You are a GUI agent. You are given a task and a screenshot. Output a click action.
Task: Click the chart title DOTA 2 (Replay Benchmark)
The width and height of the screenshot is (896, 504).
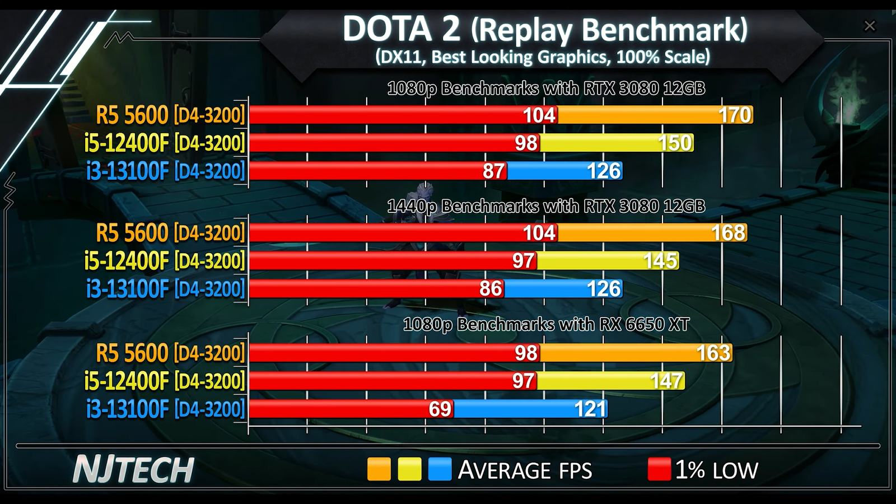coord(544,29)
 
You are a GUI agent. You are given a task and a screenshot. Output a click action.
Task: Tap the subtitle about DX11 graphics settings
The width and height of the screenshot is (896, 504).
coord(542,57)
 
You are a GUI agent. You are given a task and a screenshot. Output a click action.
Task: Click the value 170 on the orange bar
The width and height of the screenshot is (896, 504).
coord(734,115)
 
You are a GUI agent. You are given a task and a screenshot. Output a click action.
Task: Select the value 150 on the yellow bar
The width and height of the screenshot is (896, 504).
coord(675,143)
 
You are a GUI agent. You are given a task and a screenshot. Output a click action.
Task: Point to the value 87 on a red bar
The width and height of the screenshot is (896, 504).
coord(493,171)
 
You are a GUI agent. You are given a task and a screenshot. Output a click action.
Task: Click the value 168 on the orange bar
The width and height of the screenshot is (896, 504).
coord(728,233)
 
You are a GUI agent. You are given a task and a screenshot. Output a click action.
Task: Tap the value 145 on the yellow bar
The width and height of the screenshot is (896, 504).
coord(660,261)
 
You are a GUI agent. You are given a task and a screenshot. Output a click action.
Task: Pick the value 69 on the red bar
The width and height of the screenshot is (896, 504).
coord(440,409)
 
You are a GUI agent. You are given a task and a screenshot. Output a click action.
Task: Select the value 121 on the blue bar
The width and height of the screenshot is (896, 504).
coord(590,409)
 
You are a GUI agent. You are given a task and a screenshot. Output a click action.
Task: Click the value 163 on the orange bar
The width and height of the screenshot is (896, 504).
coord(713,353)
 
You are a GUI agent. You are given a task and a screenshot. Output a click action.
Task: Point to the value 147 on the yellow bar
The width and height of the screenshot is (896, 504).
coord(666,381)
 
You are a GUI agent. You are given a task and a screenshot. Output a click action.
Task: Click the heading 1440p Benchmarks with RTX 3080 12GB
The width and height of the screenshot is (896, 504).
coord(546,207)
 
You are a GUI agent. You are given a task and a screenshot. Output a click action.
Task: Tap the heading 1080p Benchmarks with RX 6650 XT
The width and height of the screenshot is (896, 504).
coord(546,325)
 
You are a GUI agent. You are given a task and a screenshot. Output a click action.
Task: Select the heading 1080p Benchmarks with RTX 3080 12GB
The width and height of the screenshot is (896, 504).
coord(546,88)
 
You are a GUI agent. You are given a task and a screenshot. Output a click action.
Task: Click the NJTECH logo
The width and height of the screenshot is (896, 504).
coord(133,470)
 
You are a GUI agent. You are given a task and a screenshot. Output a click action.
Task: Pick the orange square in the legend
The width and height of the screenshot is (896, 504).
coord(379,469)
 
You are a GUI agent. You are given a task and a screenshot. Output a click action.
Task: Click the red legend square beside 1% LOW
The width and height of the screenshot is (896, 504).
coord(659,469)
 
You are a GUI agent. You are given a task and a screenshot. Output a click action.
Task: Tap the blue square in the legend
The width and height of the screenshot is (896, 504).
coord(440,469)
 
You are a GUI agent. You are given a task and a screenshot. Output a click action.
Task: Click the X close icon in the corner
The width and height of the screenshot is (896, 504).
coord(870,26)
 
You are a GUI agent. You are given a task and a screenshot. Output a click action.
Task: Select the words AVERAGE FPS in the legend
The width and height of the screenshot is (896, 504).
coord(525,470)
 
